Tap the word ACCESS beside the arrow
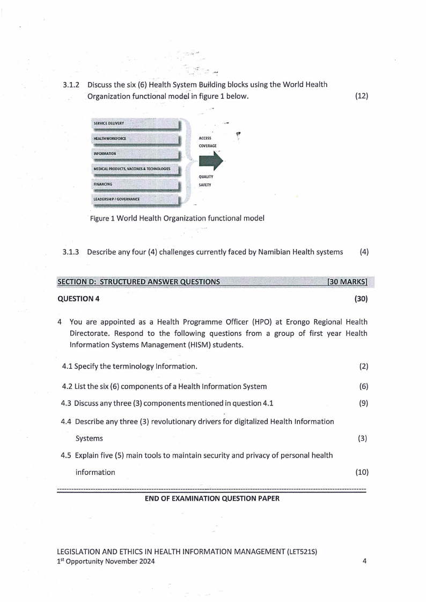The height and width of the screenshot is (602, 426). (x=205, y=138)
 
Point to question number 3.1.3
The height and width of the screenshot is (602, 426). (x=71, y=252)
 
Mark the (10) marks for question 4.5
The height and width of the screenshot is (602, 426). (x=362, y=472)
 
